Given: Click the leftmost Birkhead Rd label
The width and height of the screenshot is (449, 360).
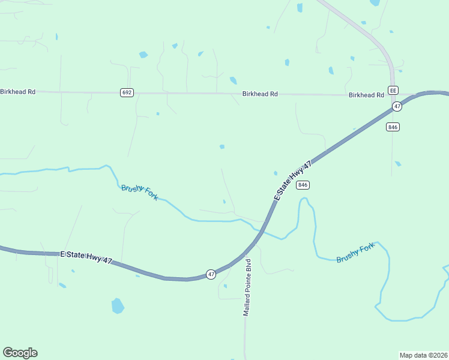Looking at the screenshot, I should (18, 92).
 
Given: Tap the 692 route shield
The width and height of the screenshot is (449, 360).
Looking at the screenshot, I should (127, 92).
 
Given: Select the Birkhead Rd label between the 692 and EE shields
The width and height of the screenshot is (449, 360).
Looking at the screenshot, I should (260, 94).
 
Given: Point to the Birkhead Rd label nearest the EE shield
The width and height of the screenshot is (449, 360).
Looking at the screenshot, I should (366, 95).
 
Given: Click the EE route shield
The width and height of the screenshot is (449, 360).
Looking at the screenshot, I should (393, 90).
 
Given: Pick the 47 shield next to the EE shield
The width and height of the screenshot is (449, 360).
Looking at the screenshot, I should (397, 106).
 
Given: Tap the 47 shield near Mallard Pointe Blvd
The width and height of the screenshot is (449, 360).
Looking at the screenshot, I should (211, 274).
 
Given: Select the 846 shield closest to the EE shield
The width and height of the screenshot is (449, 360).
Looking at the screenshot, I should (393, 127).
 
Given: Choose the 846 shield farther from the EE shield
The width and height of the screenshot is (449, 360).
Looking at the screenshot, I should (303, 185).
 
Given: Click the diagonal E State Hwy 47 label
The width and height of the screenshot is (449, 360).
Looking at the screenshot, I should (294, 181).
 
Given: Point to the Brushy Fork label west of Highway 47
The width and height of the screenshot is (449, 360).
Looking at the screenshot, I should (140, 192).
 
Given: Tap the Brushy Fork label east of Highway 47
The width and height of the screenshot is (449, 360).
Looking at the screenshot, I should (355, 253).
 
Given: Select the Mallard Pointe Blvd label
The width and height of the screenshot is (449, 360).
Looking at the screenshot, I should (246, 288).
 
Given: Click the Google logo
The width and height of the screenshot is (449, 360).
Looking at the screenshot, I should (20, 353).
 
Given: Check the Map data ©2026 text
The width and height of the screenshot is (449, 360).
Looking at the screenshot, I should (423, 355).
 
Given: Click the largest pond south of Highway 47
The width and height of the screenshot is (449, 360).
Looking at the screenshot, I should (118, 306).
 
